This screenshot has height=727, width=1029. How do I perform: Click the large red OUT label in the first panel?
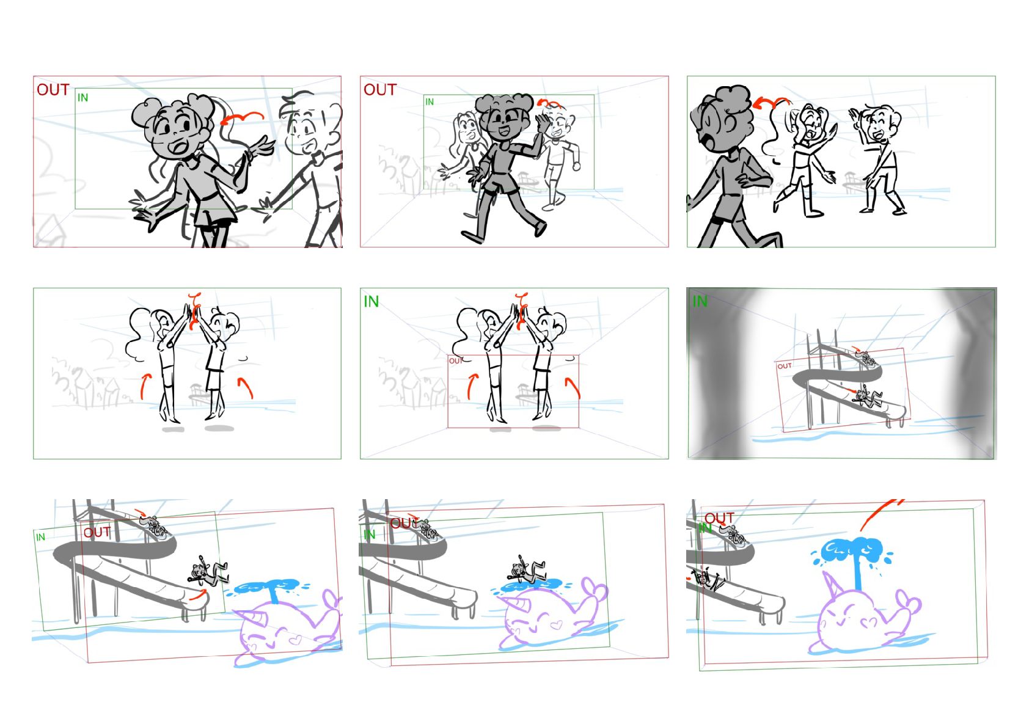point(53,90)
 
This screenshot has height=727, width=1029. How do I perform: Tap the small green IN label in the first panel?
point(82,97)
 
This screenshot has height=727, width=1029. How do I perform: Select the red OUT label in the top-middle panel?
point(380,90)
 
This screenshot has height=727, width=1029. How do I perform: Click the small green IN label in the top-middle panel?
point(430,102)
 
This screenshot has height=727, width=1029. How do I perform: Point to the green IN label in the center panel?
point(371,301)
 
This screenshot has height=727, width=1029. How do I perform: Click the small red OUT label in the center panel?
point(456,361)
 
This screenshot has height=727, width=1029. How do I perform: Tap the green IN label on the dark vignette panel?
point(700,301)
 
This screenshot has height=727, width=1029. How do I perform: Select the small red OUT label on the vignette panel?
point(785,366)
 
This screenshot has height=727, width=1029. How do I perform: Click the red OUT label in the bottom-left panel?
point(97,532)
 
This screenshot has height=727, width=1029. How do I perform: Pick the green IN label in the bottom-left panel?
point(40,537)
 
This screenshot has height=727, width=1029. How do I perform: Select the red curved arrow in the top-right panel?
point(771,103)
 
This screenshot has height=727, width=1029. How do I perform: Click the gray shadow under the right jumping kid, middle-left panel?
point(219,428)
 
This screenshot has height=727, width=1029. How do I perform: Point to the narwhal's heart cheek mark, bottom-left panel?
point(295,639)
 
